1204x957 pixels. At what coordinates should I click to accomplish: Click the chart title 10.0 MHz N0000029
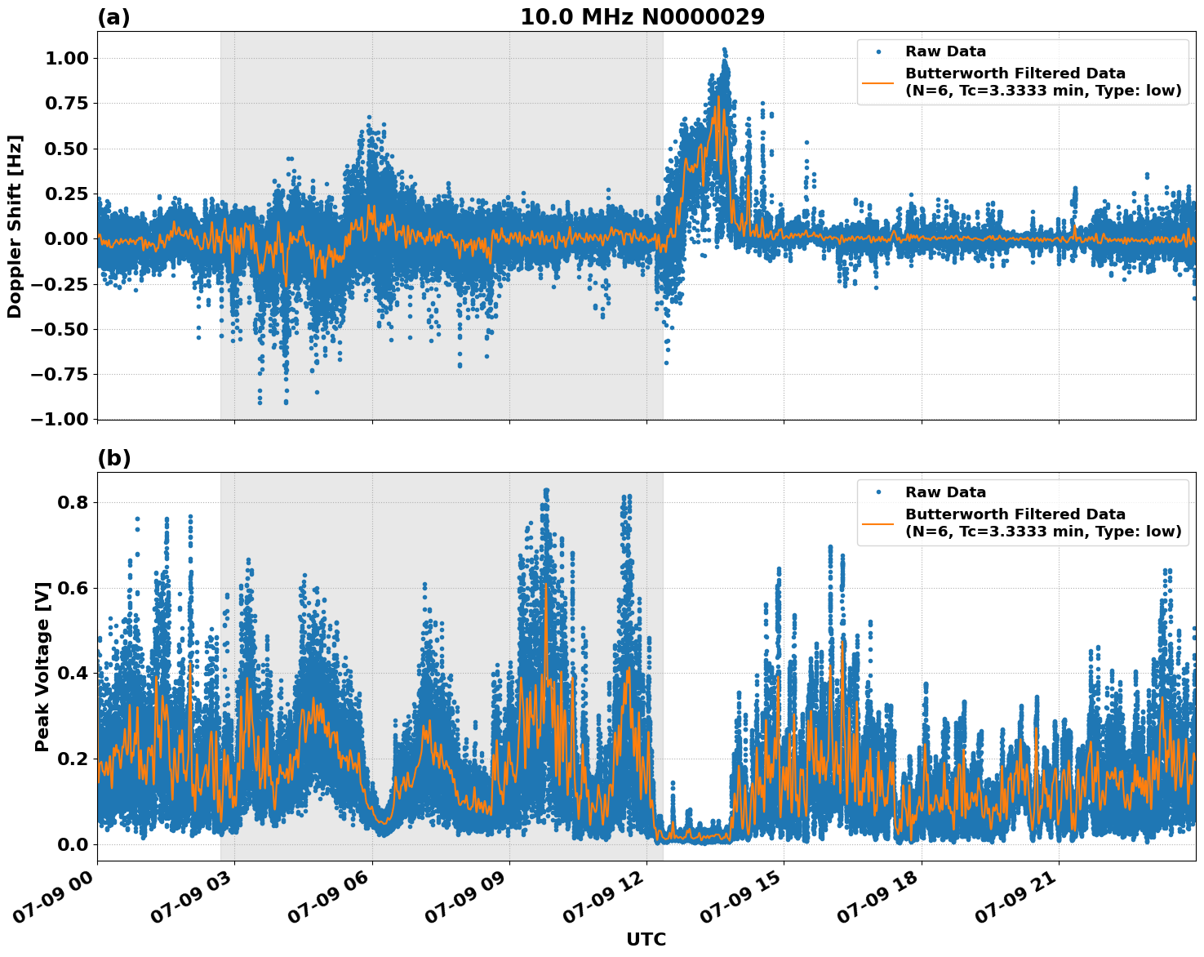click(x=642, y=17)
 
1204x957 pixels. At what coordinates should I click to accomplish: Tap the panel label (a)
click(x=113, y=17)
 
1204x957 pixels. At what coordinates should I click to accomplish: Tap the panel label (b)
click(x=113, y=458)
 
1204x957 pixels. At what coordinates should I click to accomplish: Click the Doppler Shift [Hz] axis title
click(x=15, y=226)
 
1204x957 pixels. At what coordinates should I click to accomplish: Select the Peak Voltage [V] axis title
click(x=42, y=666)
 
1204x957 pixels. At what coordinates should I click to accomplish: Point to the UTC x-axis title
click(x=646, y=939)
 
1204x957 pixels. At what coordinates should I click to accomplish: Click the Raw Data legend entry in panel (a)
click(x=945, y=51)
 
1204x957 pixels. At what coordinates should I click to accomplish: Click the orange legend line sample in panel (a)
click(x=878, y=82)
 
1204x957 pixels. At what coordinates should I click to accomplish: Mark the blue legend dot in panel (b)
click(x=878, y=492)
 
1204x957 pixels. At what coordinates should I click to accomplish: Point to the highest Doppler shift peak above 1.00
click(x=724, y=50)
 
